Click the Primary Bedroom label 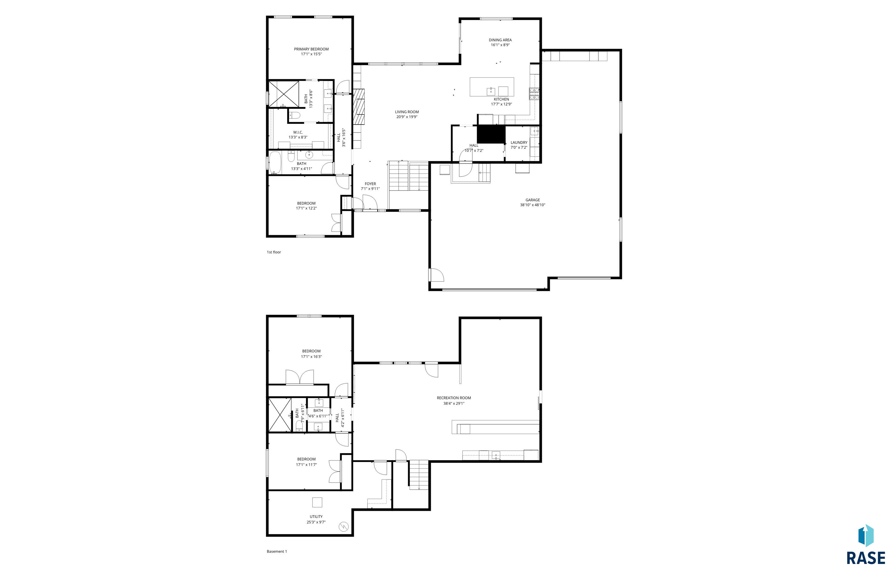311,49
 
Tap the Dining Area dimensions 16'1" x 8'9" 500,45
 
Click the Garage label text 532,200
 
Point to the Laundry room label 519,143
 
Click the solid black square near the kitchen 491,134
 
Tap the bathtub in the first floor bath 275,162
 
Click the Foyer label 370,184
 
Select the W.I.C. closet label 298,132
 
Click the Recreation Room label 454,398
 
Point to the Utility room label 316,517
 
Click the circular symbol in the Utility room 343,527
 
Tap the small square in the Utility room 317,502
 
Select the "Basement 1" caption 277,551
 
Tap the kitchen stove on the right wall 534,94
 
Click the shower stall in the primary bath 284,94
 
